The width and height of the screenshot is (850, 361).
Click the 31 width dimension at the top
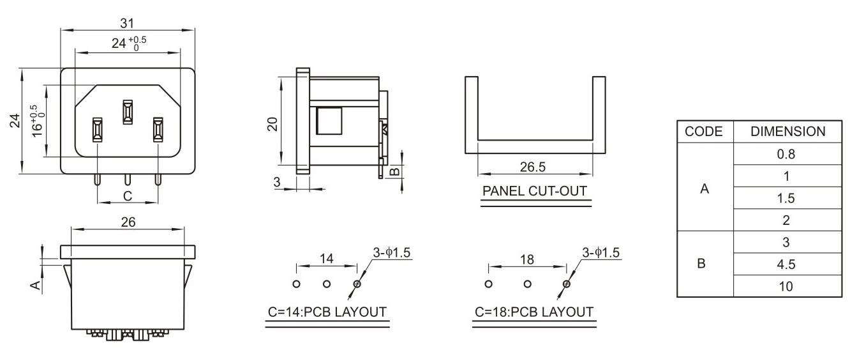click(127, 24)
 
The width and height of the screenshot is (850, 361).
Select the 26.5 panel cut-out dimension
click(533, 167)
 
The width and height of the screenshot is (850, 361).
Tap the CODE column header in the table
click(703, 132)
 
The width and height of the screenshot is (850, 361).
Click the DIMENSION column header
click(787, 132)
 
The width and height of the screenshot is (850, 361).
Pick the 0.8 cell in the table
click(786, 154)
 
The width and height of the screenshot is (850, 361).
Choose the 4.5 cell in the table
click(786, 264)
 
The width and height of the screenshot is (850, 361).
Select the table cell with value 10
click(786, 286)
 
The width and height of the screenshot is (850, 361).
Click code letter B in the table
click(701, 263)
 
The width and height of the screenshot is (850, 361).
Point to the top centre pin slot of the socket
click(128, 112)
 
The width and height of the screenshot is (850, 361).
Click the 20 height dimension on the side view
click(273, 124)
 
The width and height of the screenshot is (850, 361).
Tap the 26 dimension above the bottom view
click(128, 222)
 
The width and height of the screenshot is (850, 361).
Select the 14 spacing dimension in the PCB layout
click(326, 259)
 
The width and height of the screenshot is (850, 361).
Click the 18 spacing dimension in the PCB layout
click(526, 259)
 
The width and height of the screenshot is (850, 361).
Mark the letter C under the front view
click(128, 196)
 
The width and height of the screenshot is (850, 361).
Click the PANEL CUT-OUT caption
click(535, 191)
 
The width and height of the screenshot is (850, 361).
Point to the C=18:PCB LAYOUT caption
click(534, 312)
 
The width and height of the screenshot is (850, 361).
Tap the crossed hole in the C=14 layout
click(357, 284)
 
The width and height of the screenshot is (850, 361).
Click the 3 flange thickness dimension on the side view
click(276, 182)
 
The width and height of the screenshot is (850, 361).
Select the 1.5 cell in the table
click(786, 198)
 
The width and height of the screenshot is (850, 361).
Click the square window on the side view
click(329, 121)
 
